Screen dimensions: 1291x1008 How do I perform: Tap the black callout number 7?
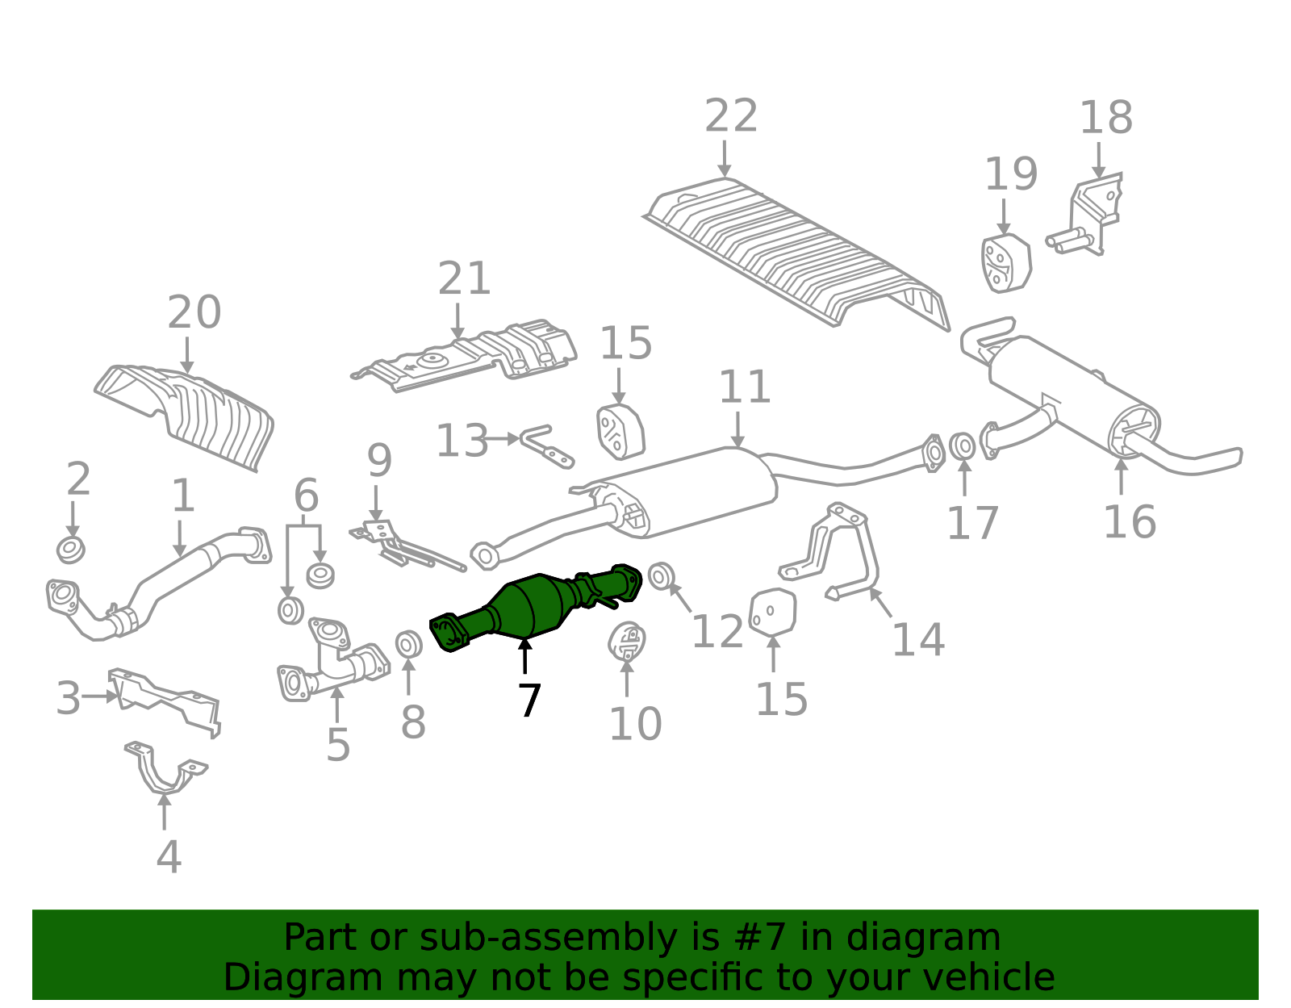pyautogui.click(x=529, y=701)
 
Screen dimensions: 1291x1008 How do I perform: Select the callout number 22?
pyautogui.click(x=731, y=116)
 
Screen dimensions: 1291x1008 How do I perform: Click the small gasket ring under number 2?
pyautogui.click(x=71, y=550)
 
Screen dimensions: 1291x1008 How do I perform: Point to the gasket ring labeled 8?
pyautogui.click(x=409, y=645)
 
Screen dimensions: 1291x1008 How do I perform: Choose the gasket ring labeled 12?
pyautogui.click(x=661, y=576)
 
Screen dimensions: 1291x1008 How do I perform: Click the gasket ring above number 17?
pyautogui.click(x=962, y=446)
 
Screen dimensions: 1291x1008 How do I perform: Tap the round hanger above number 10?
pyautogui.click(x=627, y=642)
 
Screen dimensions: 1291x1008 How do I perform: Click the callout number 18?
pyautogui.click(x=1106, y=118)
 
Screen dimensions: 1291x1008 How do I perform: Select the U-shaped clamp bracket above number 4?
pyautogui.click(x=165, y=768)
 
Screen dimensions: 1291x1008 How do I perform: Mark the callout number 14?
pyautogui.click(x=918, y=640)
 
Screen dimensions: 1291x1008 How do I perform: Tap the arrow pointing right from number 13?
pyautogui.click(x=501, y=440)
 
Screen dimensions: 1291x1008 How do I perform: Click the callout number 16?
pyautogui.click(x=1130, y=522)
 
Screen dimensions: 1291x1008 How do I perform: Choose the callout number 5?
pyautogui.click(x=338, y=744)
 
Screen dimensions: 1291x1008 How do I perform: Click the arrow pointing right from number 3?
pyautogui.click(x=99, y=696)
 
